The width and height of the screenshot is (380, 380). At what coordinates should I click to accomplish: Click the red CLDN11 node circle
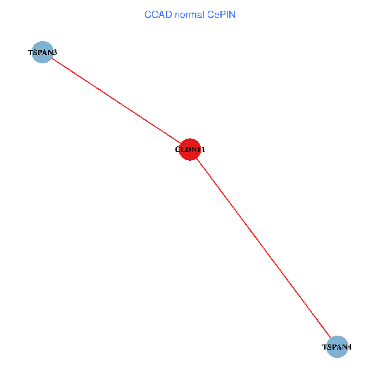(190, 149)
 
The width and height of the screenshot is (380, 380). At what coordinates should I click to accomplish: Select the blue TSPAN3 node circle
(42, 53)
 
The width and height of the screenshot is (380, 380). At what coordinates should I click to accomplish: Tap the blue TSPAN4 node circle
(338, 346)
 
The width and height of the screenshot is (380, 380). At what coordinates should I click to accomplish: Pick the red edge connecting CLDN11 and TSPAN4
(263, 248)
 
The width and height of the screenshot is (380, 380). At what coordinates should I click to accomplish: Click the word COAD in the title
(156, 14)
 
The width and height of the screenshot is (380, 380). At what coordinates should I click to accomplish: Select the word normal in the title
(188, 14)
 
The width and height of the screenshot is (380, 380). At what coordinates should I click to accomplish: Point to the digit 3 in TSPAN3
(55, 53)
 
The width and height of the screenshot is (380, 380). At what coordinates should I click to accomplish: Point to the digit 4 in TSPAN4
(350, 347)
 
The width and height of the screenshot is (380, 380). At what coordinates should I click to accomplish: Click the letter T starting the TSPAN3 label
(30, 53)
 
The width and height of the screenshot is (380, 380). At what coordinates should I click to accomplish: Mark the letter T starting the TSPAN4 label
(325, 347)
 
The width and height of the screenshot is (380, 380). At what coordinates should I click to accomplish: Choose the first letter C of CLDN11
(178, 150)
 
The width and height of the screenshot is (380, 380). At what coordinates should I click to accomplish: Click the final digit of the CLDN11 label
(203, 150)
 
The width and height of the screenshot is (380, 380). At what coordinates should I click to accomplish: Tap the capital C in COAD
(148, 14)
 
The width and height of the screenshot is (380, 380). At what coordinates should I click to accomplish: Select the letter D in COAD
(166, 14)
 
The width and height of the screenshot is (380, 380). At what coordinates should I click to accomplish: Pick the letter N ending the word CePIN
(232, 14)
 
